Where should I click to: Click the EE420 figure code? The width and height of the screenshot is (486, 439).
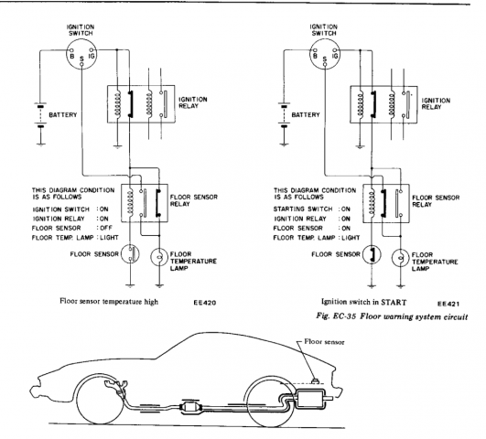point(205,303)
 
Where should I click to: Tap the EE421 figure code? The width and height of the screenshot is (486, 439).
point(448,304)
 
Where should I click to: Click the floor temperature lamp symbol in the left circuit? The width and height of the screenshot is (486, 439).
point(159,257)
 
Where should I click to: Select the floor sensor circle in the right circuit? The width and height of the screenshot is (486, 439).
point(372,254)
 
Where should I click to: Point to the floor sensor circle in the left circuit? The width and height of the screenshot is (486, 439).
point(130,254)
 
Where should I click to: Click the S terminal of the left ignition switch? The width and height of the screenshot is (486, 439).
point(81,64)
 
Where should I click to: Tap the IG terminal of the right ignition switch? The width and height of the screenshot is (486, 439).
point(334,50)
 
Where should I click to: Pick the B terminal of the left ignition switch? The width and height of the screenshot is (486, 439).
point(71,50)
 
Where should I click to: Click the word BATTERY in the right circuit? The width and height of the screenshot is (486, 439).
point(306,115)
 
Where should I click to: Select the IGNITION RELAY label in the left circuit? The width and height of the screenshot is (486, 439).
point(193,102)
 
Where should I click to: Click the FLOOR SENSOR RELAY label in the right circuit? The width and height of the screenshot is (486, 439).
point(436,201)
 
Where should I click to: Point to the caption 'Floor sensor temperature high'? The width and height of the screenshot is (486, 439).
point(109,302)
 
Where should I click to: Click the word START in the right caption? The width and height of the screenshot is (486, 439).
point(394,302)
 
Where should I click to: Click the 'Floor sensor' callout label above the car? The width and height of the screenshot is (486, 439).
point(324,342)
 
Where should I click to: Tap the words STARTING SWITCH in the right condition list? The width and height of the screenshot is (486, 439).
point(303,209)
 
